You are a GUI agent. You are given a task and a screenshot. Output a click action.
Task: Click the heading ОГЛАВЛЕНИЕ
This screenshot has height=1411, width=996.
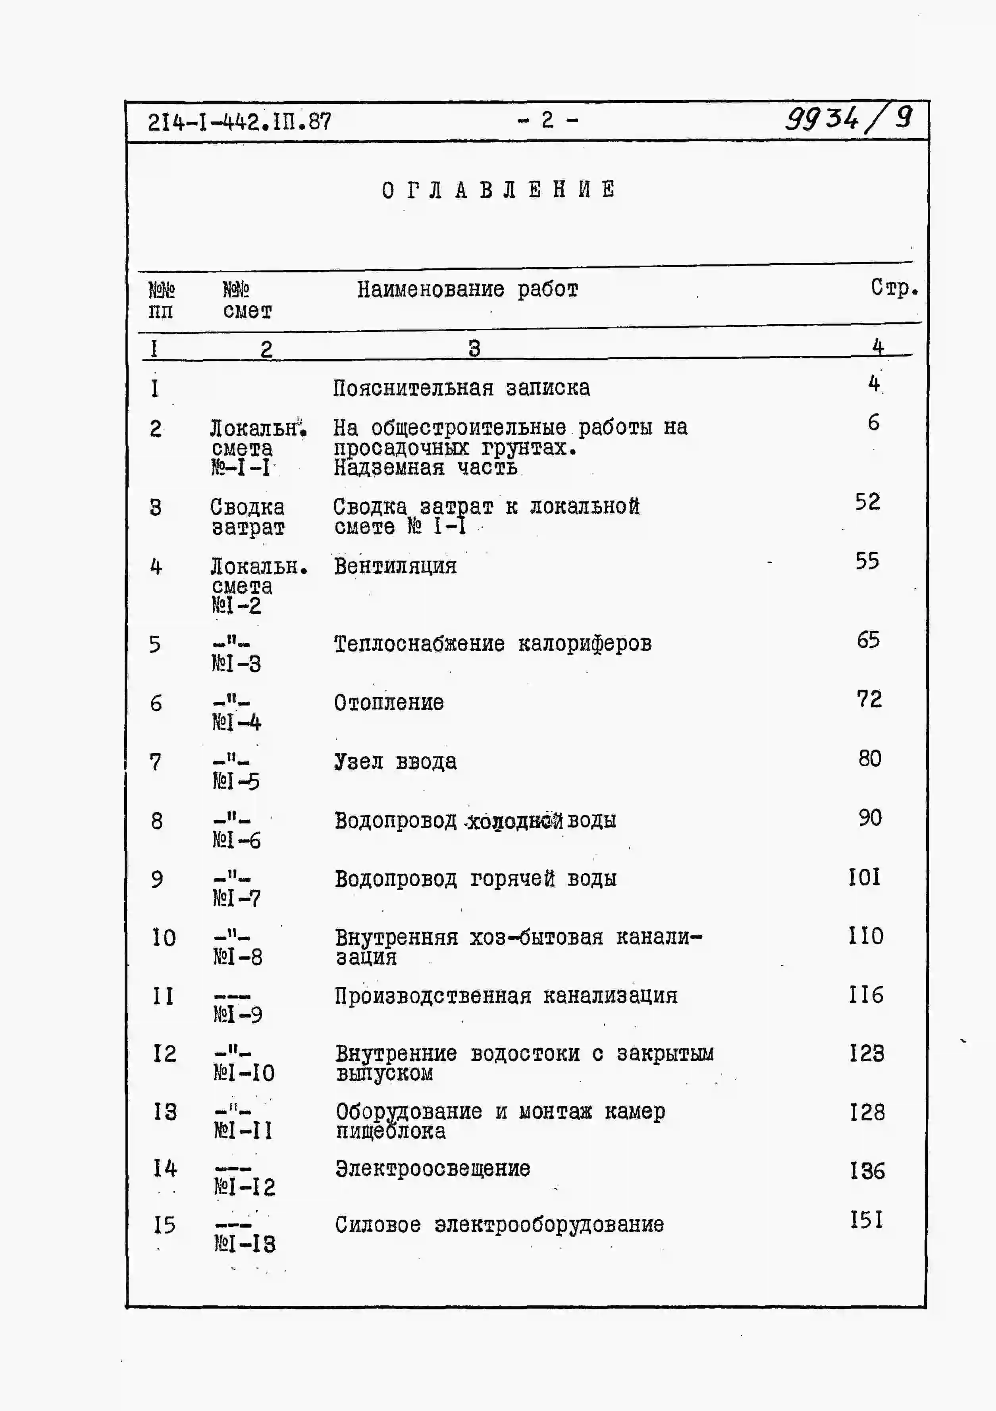click(498, 190)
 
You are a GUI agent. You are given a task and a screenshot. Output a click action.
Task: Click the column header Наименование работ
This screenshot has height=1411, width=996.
click(468, 289)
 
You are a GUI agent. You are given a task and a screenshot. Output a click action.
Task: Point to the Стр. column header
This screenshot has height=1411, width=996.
click(894, 287)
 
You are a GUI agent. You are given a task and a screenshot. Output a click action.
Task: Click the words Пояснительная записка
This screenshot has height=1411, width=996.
click(461, 388)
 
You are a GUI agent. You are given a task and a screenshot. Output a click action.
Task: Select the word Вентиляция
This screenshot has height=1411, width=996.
click(395, 565)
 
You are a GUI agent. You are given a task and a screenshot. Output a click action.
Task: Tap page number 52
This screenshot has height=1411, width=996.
click(867, 502)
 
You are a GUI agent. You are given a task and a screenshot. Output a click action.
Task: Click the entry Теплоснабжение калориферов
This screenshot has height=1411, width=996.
click(492, 644)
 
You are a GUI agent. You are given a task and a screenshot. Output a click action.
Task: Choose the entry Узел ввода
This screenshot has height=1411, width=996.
click(395, 761)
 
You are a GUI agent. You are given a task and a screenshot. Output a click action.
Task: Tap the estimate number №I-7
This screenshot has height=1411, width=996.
click(237, 898)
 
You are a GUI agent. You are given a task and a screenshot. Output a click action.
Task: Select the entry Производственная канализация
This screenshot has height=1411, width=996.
click(506, 995)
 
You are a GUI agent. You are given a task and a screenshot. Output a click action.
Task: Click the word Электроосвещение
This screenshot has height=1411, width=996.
click(433, 1168)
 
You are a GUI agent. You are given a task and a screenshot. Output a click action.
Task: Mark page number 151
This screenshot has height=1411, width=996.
click(866, 1220)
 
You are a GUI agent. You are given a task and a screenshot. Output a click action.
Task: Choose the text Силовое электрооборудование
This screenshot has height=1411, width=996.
click(499, 1224)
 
